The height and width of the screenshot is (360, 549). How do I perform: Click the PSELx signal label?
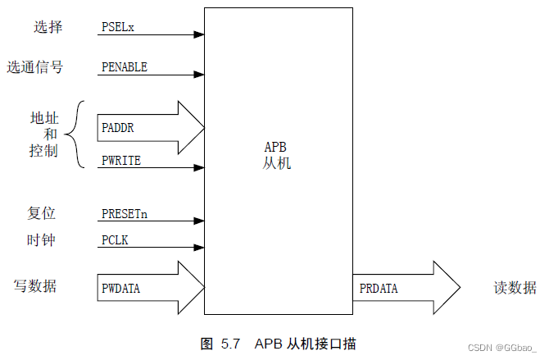click(x=118, y=26)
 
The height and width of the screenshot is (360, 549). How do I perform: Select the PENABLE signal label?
click(x=125, y=67)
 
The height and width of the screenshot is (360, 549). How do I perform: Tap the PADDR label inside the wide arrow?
click(x=118, y=129)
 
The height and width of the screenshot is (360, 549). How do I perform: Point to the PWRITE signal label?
click(x=121, y=161)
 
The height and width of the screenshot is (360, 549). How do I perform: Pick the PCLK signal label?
click(x=115, y=240)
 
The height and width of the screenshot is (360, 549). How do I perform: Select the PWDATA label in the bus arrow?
click(x=121, y=288)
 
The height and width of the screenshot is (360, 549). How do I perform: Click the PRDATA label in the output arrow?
click(x=379, y=288)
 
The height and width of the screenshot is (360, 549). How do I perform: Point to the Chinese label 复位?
click(x=41, y=213)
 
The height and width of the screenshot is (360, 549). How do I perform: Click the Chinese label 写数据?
click(x=39, y=286)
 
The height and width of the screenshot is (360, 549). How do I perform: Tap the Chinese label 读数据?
click(x=515, y=288)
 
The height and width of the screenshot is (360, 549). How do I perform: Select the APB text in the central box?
click(x=275, y=148)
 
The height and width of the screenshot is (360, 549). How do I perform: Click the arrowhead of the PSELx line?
click(x=199, y=34)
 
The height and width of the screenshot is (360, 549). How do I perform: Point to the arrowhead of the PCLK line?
click(x=199, y=248)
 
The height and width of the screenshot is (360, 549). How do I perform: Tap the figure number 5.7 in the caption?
click(x=231, y=343)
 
